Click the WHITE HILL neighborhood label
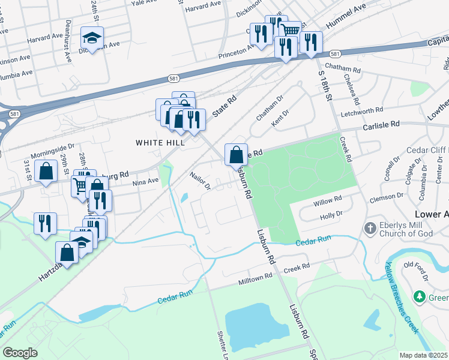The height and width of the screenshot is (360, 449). [x=160, y=142]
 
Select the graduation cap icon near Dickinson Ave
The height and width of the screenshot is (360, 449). [x=92, y=38]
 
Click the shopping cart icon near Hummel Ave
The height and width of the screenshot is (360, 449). [x=291, y=29]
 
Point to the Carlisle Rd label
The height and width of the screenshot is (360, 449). [x=381, y=126]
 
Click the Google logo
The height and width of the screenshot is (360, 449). [x=20, y=353]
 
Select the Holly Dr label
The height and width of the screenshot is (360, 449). [x=331, y=214]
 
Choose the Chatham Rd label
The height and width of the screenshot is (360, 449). [x=342, y=70]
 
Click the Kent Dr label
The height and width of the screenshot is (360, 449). [x=280, y=115]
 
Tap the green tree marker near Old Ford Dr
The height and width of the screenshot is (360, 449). [x=419, y=296]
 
